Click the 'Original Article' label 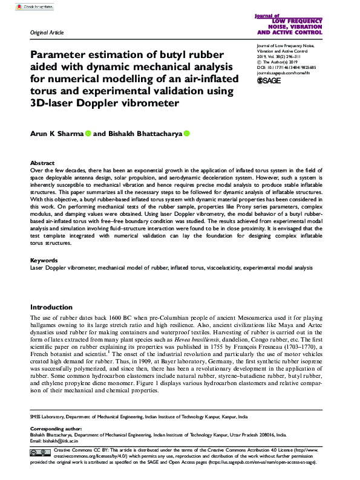[x=47, y=33]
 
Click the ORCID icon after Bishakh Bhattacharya [x=186, y=134]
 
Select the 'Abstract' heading [x=43, y=163]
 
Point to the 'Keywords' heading [x=44, y=260]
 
